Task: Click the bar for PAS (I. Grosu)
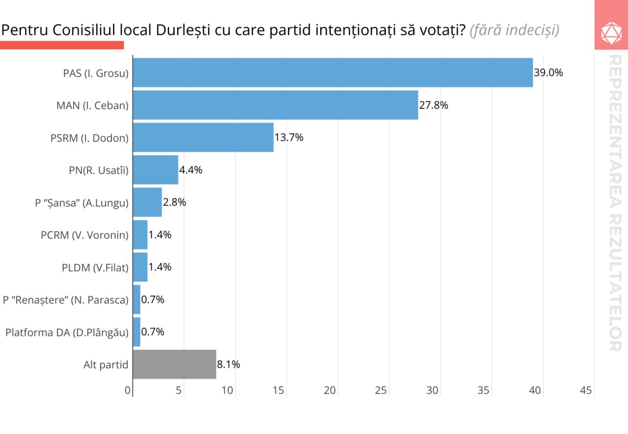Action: pyautogui.click(x=333, y=73)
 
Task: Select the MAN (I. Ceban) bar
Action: pyautogui.click(x=275, y=105)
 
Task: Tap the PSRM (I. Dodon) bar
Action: pyautogui.click(x=203, y=137)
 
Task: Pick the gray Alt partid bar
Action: pyautogui.click(x=174, y=364)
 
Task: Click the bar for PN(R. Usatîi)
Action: pyautogui.click(x=156, y=170)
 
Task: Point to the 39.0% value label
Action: pyautogui.click(x=549, y=73)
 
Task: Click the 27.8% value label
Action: pyautogui.click(x=434, y=105)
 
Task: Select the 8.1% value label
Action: pyautogui.click(x=228, y=364)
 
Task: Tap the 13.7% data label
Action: pyautogui.click(x=289, y=137)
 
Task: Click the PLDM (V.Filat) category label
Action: pyautogui.click(x=95, y=267)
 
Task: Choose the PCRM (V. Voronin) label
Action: pyautogui.click(x=84, y=235)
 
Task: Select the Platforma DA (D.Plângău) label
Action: pyautogui.click(x=67, y=332)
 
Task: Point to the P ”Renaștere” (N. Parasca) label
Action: pyautogui.click(x=66, y=300)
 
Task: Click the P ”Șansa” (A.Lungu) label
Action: pyautogui.click(x=81, y=203)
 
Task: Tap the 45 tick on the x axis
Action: pyautogui.click(x=586, y=390)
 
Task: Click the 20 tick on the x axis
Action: pyautogui.click(x=330, y=390)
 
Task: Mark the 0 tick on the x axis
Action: pyautogui.click(x=128, y=390)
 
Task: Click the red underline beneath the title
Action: pyautogui.click(x=62, y=45)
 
